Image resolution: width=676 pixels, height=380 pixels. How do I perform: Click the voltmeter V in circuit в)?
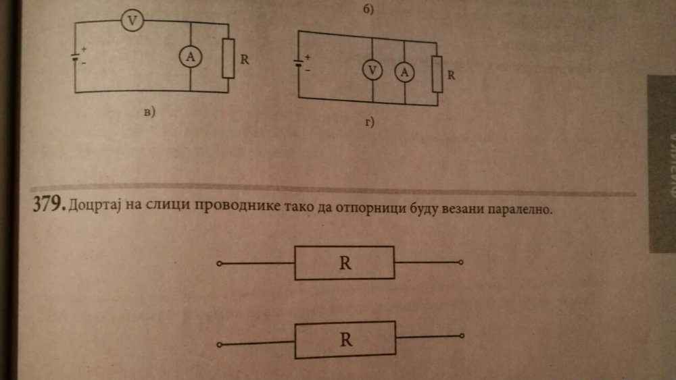tap(133, 22)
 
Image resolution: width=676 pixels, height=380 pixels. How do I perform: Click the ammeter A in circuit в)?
tap(190, 59)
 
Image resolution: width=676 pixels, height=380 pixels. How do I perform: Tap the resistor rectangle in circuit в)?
tap(228, 59)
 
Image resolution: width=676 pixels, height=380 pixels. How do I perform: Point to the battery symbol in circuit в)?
tap(76, 56)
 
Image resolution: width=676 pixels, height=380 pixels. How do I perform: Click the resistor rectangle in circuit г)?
tap(437, 74)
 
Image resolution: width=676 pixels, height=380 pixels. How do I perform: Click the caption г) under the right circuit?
tap(369, 124)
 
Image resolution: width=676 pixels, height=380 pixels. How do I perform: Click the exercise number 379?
tap(47, 205)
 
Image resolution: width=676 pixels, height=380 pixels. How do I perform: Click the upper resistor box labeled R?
tap(345, 263)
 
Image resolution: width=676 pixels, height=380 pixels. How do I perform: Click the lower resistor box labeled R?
tap(346, 340)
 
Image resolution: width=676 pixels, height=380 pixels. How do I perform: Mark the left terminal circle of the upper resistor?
tap(218, 264)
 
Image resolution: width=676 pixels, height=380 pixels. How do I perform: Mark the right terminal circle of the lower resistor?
tap(462, 335)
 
